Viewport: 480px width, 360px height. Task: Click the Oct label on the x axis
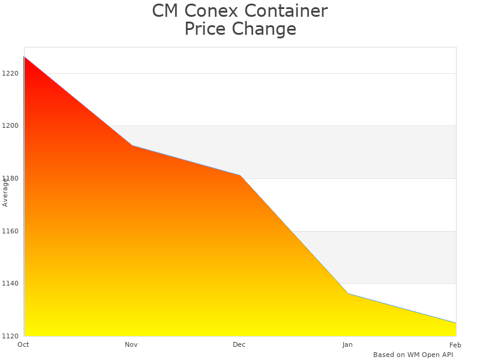[23, 344]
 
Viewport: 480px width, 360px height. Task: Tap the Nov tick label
[131, 344]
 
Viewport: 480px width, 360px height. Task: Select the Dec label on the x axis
[239, 344]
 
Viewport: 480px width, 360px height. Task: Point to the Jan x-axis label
[347, 344]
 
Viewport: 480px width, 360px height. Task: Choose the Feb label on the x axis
[455, 344]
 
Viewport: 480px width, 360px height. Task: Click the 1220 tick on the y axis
[10, 73]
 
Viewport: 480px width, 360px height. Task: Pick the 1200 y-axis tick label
[10, 126]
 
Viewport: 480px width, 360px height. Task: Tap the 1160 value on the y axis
[10, 231]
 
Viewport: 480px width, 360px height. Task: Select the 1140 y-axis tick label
[10, 284]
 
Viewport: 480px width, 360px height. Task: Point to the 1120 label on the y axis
[10, 336]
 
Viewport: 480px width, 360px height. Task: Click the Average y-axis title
[5, 192]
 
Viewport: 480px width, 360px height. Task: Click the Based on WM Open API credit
[413, 355]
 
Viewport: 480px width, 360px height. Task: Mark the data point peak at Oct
[24, 56]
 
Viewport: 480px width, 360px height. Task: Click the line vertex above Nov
[132, 145]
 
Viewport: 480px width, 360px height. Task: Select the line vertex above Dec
[240, 175]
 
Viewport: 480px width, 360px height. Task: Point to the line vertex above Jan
[348, 293]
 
